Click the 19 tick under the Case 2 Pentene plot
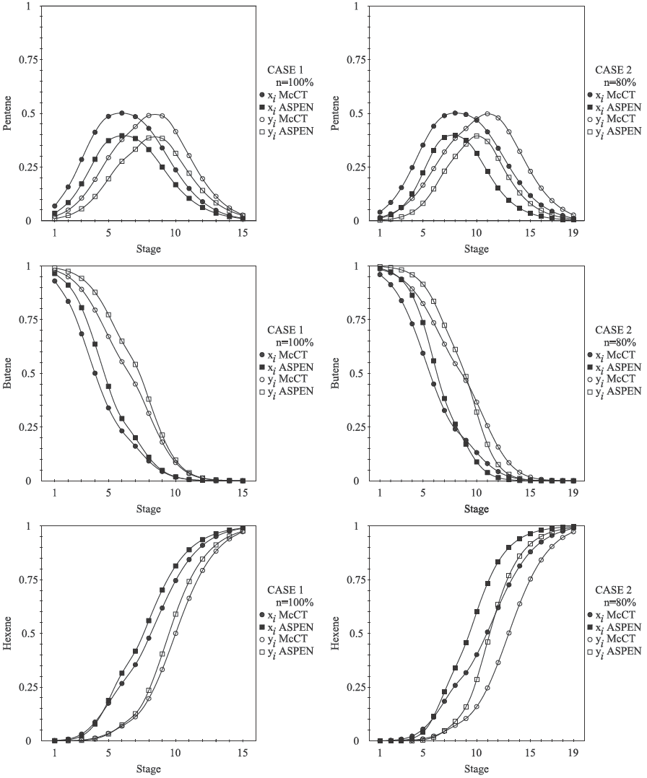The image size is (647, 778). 573,234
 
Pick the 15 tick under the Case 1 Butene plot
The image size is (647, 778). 243,494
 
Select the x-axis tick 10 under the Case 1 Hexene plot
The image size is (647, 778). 175,753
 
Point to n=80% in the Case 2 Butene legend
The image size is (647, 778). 620,342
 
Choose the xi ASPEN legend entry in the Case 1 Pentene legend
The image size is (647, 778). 287,105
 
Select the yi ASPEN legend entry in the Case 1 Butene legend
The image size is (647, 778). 287,390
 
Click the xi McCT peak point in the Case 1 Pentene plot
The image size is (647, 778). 122,113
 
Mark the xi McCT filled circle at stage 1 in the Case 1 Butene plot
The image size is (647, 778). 54,281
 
